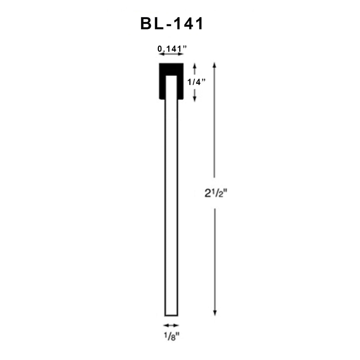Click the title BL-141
tap(172, 23)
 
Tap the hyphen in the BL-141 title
tap(170, 24)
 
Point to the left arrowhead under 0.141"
tap(160, 54)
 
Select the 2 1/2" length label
tap(216, 193)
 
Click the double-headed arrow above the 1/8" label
tap(171, 325)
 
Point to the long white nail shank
tap(171, 208)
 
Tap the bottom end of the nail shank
tap(171, 315)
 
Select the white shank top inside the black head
tap(171, 86)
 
